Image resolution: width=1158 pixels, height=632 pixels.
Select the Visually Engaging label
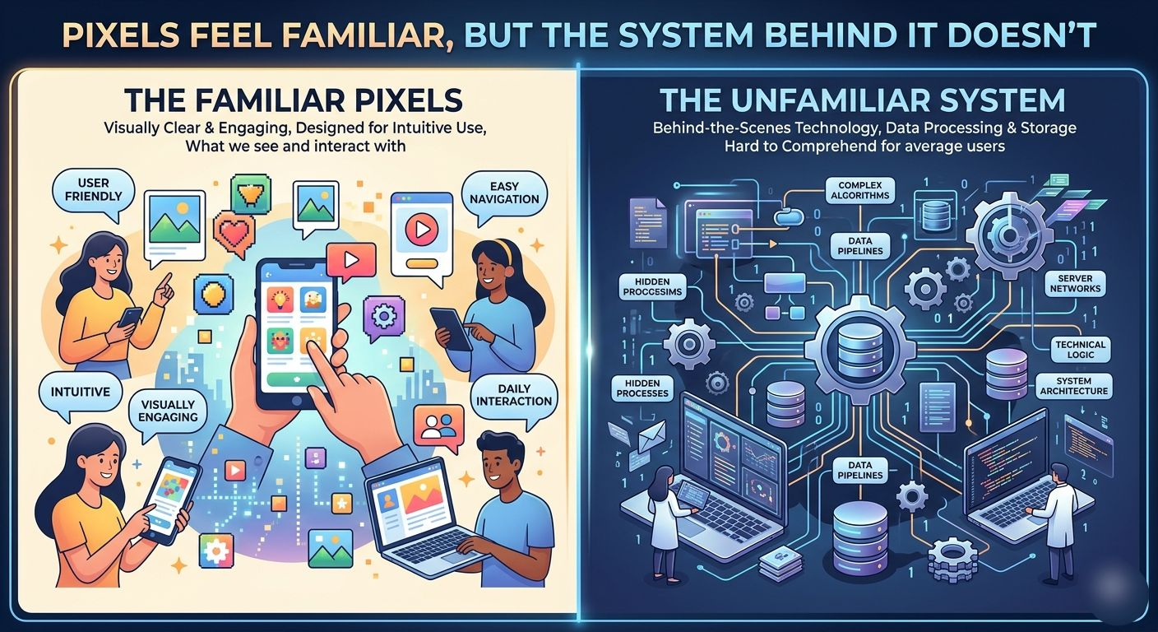pyautogui.click(x=168, y=410)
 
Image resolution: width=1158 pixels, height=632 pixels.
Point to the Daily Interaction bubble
pyautogui.click(x=513, y=394)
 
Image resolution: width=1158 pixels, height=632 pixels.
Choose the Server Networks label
pyautogui.click(x=1075, y=285)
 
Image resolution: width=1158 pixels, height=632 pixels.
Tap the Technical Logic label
pyautogui.click(x=1079, y=351)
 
